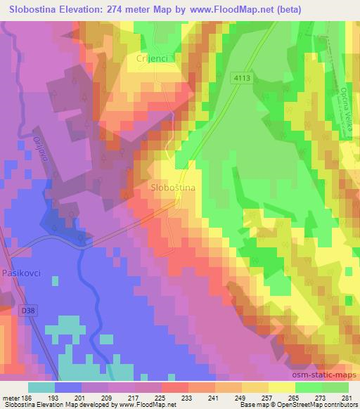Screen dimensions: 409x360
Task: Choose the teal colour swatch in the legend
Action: tap(41, 387)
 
